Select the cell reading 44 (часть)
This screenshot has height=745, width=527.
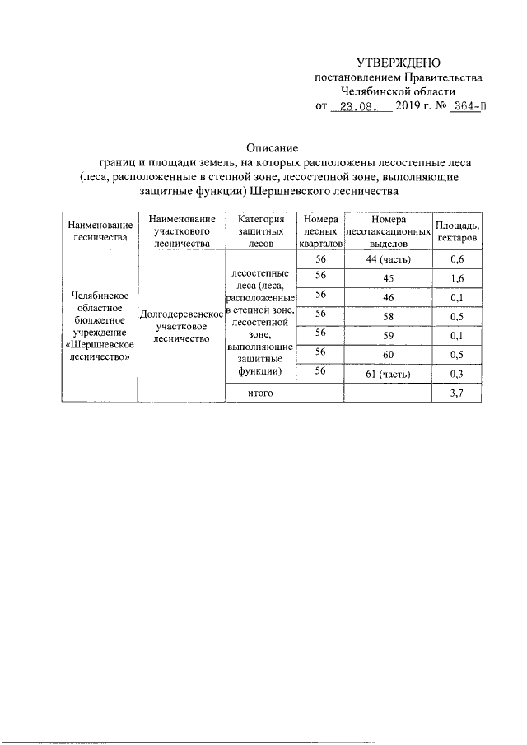(389, 260)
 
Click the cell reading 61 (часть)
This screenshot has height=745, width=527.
(389, 375)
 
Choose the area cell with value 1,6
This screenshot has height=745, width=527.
(459, 279)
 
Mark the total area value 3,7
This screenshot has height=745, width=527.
(459, 394)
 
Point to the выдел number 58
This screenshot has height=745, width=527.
(389, 317)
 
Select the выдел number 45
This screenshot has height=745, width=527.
(389, 279)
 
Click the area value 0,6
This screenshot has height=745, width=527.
(459, 260)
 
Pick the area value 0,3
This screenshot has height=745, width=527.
(459, 375)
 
